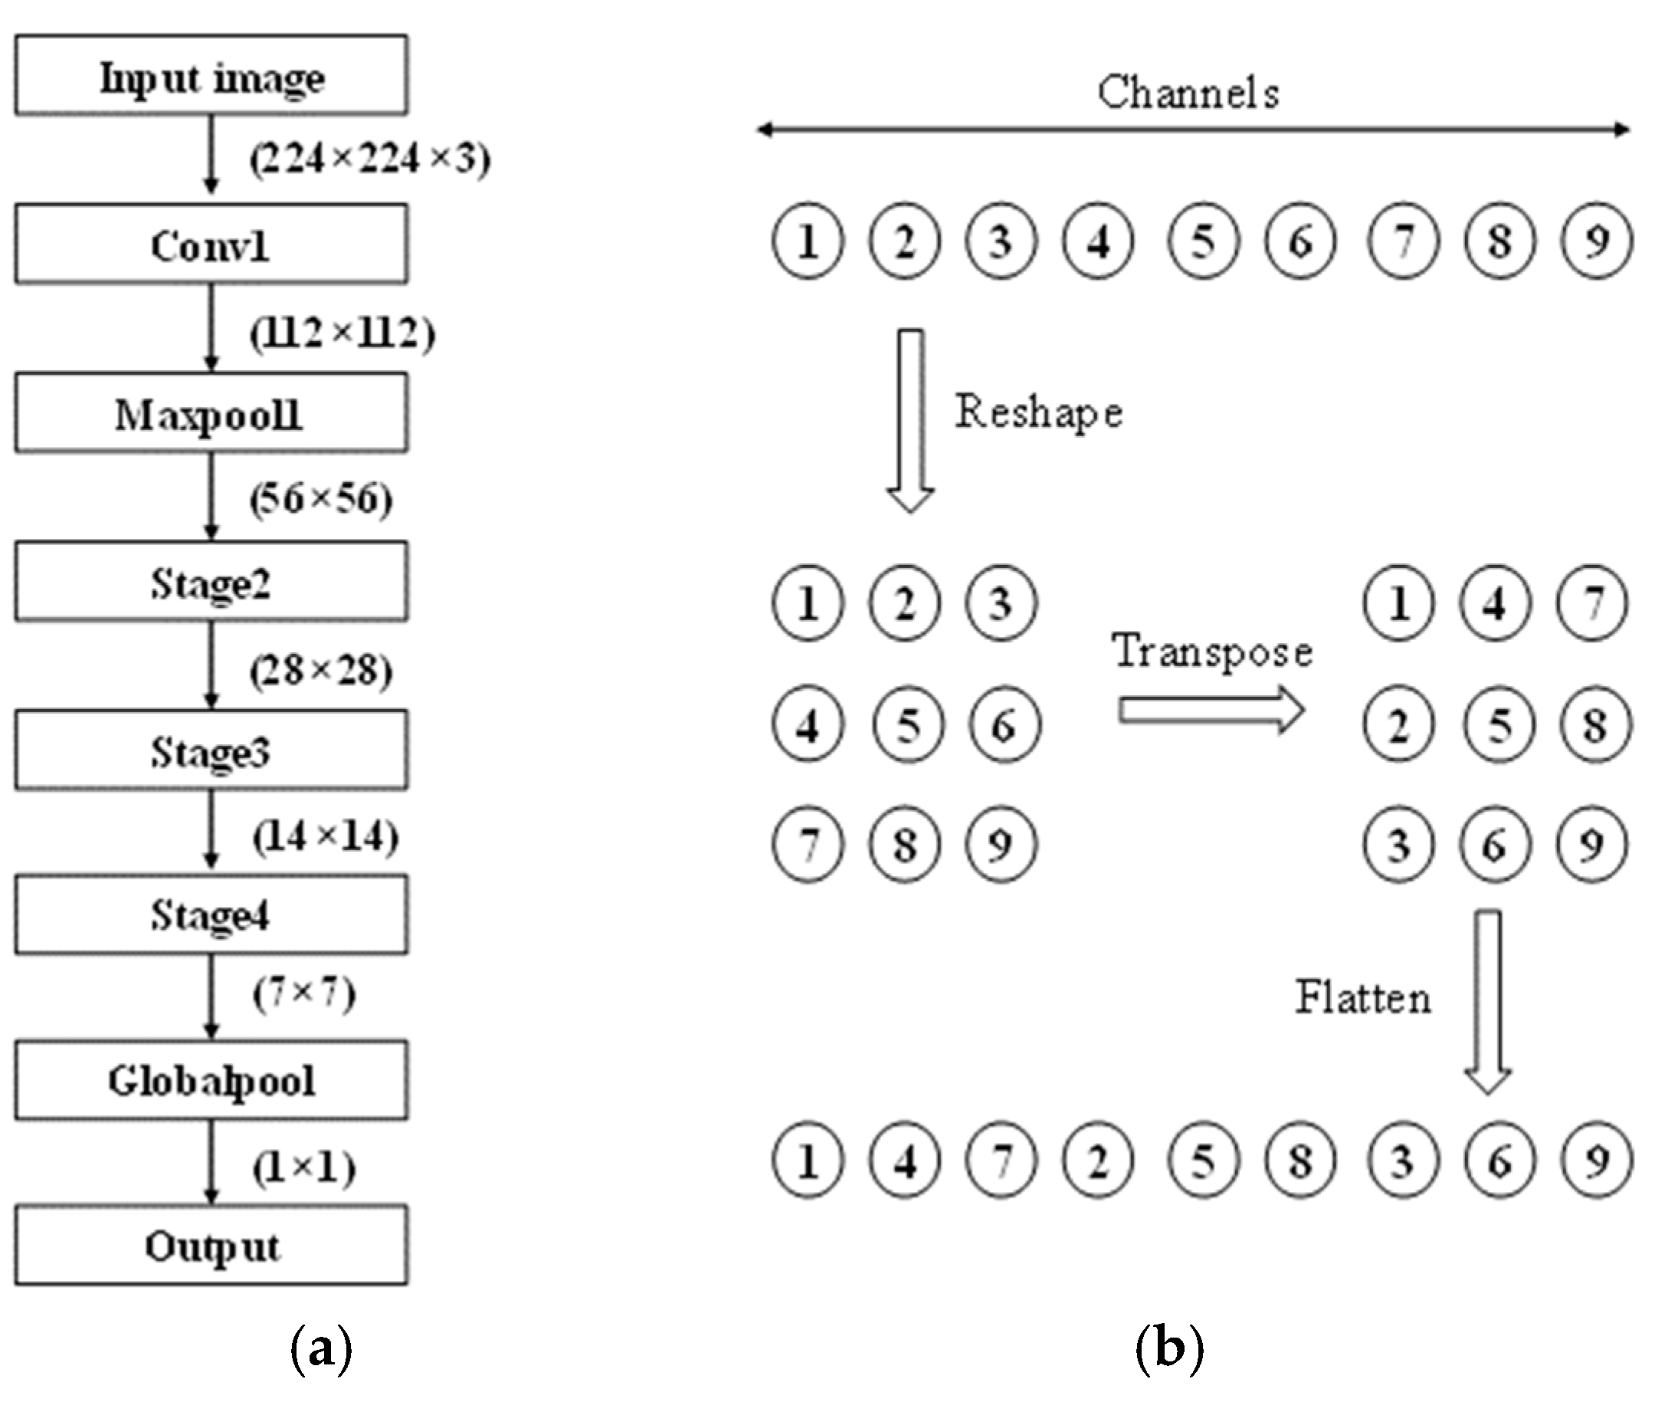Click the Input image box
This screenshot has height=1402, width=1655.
pos(211,74)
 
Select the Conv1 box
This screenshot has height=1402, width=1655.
pos(211,244)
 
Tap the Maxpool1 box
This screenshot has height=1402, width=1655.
pos(211,413)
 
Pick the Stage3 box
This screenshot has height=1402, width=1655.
pos(211,750)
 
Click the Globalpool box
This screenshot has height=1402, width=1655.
pos(211,1080)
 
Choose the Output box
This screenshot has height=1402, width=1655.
pos(211,1246)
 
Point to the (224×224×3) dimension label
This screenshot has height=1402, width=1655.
pos(370,159)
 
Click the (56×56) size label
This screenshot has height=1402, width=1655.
pos(321,499)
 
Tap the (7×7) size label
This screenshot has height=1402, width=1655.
pos(304,993)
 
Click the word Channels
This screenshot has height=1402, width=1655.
pos(1188,92)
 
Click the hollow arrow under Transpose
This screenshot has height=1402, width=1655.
pos(1211,709)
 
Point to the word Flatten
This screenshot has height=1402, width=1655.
pos(1363,997)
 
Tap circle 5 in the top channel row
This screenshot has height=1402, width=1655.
pos(1203,241)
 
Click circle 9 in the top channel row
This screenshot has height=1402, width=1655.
pos(1596,241)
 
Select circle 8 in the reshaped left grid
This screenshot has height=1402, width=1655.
pos(905,844)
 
